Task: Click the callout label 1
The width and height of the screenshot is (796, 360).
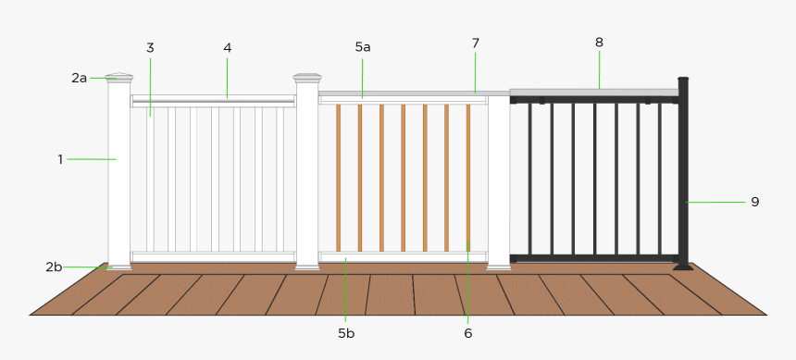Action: (x=60, y=159)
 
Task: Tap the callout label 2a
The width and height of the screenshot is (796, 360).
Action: (x=79, y=78)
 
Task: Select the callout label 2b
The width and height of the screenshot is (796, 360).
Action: (x=54, y=267)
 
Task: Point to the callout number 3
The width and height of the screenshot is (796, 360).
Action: (x=150, y=47)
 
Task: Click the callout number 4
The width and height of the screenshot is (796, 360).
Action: (x=228, y=47)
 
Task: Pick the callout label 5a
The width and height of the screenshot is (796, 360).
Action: (x=363, y=45)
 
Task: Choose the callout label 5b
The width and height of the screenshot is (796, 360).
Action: (x=346, y=332)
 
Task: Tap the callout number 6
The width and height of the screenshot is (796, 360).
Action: (x=468, y=332)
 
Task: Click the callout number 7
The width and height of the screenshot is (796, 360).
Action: (x=476, y=43)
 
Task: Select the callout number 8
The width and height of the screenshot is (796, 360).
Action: (x=599, y=42)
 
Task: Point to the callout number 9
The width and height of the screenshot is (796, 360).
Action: (x=754, y=201)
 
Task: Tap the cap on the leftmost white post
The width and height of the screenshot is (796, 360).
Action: (x=119, y=76)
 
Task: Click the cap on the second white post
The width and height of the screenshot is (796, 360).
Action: (x=306, y=78)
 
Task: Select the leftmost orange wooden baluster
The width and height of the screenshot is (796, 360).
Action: (x=338, y=176)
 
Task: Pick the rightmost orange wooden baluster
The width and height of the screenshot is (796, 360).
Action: (x=468, y=176)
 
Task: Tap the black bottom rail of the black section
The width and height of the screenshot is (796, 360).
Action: (x=592, y=256)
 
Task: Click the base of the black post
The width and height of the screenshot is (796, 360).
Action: (x=683, y=267)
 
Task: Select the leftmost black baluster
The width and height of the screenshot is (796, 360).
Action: (x=530, y=176)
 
